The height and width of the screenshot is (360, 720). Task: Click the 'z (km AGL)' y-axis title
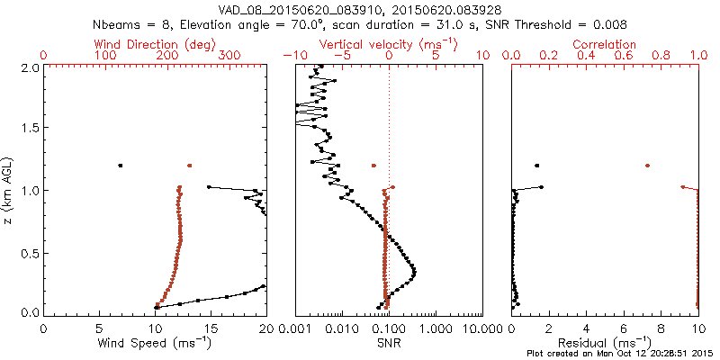tap(10, 190)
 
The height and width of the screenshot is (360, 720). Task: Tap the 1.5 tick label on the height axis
tap(30, 129)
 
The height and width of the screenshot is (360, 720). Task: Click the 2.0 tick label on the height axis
tap(30, 67)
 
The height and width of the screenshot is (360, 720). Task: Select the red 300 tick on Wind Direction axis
tap(229, 56)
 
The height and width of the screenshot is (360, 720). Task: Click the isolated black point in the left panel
tap(120, 166)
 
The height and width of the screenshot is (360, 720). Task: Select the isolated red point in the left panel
tap(189, 166)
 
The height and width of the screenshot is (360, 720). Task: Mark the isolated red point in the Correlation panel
tap(647, 166)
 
